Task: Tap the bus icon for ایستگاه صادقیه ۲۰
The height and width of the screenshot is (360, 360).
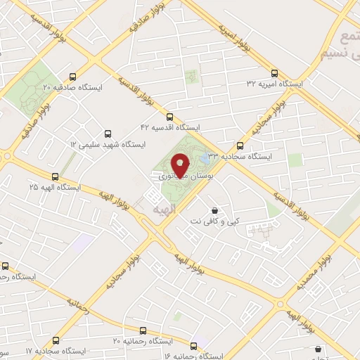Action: [x=74, y=77]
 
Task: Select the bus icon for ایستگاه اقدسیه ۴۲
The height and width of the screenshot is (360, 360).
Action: [x=169, y=117]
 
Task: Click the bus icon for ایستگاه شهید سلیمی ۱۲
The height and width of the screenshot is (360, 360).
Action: [x=108, y=133]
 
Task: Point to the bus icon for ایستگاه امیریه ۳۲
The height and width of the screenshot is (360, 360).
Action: [x=274, y=72]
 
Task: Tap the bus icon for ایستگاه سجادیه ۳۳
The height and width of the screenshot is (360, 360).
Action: [x=240, y=146]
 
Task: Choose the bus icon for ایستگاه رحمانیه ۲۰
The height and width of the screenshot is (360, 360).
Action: [x=143, y=330]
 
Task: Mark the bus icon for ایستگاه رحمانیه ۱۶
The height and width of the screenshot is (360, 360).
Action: [x=195, y=345]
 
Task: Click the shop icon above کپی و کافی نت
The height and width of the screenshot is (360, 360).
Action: [x=214, y=210]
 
